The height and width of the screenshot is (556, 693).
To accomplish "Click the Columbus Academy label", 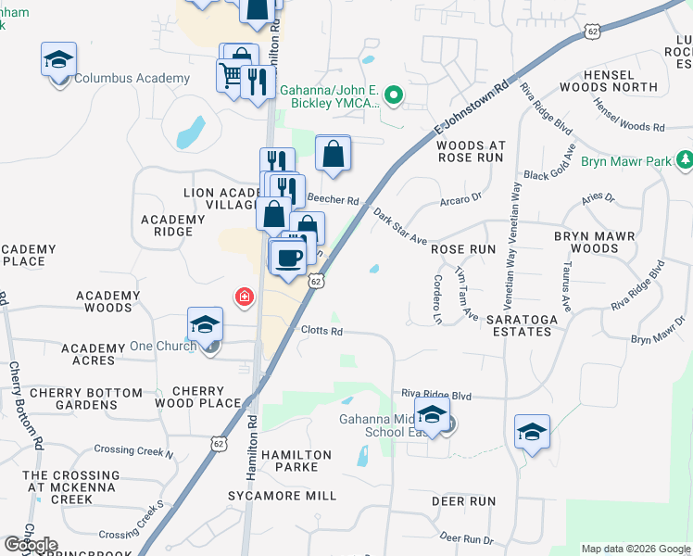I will point(132,79).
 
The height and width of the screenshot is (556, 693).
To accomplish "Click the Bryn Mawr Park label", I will point(625,161).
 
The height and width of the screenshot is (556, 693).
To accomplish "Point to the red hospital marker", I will point(245,297).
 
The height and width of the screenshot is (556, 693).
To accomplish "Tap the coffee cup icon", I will point(289,258).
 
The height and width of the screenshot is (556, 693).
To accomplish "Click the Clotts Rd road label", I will point(321,331).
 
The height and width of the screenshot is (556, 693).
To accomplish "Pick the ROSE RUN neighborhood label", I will point(463,250).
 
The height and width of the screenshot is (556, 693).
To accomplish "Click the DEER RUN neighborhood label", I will point(464,501).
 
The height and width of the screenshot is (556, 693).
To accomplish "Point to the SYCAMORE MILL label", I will point(283,497).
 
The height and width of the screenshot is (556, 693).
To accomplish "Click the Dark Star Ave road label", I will point(400,228).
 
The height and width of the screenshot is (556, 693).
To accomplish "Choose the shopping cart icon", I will point(230,74).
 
